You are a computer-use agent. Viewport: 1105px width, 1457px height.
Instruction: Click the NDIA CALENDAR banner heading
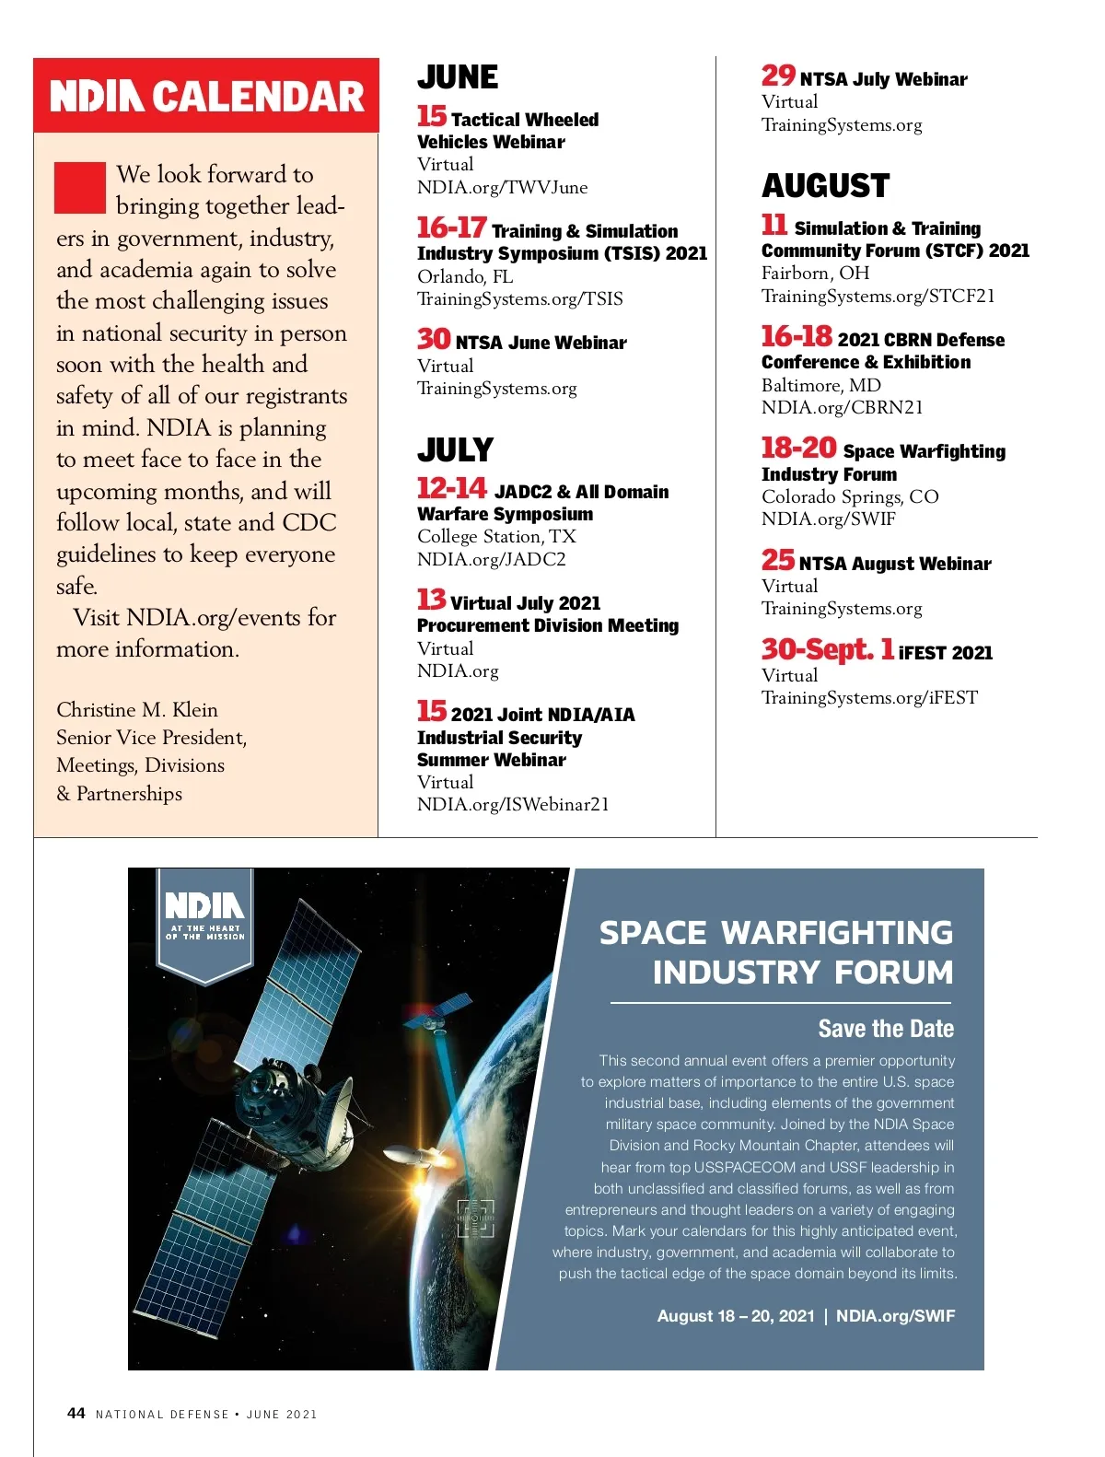(206, 97)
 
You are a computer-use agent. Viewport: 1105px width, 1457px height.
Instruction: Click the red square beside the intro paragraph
(80, 188)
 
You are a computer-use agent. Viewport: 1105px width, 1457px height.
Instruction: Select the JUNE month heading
(458, 77)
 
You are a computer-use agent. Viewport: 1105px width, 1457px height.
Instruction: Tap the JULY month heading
(455, 450)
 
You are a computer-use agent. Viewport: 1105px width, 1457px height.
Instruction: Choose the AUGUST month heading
(825, 186)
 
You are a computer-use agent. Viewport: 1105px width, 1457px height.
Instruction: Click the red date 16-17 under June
(451, 227)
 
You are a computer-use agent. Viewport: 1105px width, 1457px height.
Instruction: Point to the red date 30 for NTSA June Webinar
(434, 340)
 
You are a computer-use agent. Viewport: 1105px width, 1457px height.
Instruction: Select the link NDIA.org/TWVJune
(502, 188)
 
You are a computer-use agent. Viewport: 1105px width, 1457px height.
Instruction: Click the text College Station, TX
(496, 537)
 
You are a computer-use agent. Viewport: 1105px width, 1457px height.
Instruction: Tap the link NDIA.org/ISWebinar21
(513, 805)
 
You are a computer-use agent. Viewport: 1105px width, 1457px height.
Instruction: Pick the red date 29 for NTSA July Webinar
(778, 76)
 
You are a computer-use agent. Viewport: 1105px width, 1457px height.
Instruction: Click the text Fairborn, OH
(815, 274)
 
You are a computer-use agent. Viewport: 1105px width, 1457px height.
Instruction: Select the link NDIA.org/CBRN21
(842, 408)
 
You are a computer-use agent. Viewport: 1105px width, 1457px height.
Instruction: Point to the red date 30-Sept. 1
(827, 650)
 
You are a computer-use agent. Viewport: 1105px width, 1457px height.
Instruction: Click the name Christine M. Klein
(137, 710)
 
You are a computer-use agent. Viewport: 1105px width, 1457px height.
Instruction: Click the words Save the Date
(885, 1029)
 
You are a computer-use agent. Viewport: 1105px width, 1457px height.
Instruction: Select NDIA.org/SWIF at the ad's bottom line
(895, 1316)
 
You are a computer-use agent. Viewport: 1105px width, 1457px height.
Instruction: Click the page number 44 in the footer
(76, 1414)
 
